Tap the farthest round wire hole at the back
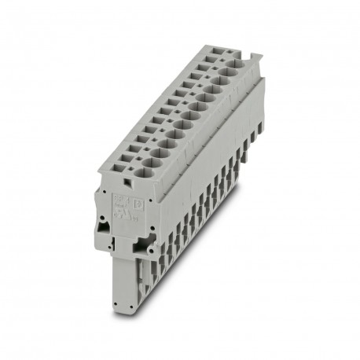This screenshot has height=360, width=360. [x=231, y=73]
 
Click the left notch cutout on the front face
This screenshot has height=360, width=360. [x=103, y=229]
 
